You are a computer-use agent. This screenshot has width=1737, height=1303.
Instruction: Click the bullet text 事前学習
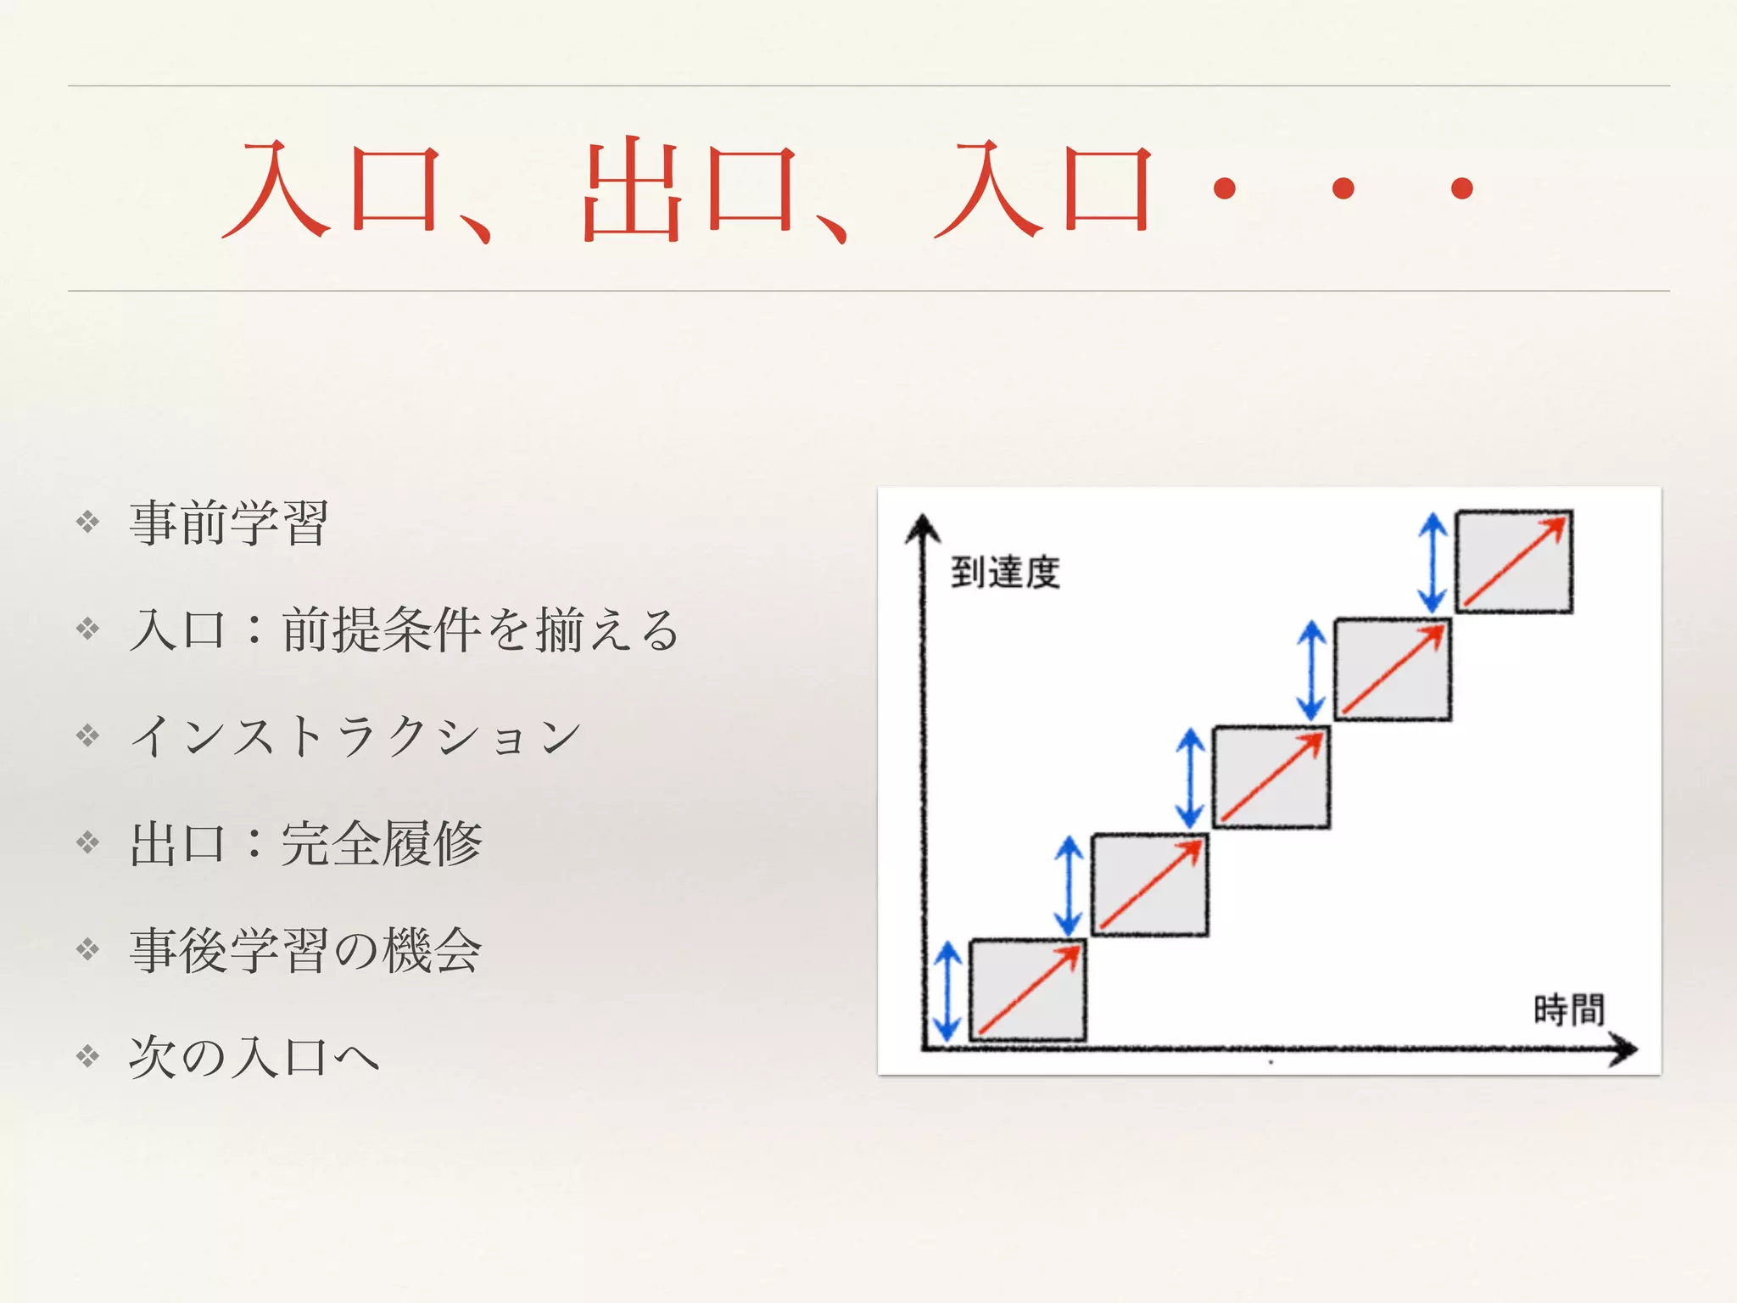pyautogui.click(x=228, y=523)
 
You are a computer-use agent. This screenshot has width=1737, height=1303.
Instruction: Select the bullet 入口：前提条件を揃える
pyautogui.click(x=404, y=629)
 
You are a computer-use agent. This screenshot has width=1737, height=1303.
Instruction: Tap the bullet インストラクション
pyautogui.click(x=355, y=736)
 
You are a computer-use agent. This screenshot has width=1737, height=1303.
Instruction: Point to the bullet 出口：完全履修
pyautogui.click(x=305, y=843)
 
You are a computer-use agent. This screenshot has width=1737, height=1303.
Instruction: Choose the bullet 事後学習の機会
pyautogui.click(x=305, y=950)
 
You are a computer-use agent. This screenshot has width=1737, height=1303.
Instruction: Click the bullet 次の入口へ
pyautogui.click(x=254, y=1057)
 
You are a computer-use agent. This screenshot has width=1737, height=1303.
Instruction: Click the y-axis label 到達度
pyautogui.click(x=1005, y=573)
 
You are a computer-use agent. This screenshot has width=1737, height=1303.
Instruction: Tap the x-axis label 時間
pyautogui.click(x=1569, y=1009)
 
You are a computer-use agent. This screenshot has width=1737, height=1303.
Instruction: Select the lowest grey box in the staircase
pyautogui.click(x=1027, y=990)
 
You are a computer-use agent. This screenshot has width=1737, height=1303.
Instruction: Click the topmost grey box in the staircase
pyautogui.click(x=1514, y=562)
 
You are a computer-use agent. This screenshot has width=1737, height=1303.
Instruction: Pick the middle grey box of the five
pyautogui.click(x=1271, y=776)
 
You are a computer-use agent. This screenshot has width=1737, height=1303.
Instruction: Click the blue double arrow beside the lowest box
pyautogui.click(x=947, y=991)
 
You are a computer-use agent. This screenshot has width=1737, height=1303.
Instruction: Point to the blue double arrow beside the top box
pyautogui.click(x=1433, y=562)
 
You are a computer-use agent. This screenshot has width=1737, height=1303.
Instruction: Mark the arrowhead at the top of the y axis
pyautogui.click(x=923, y=528)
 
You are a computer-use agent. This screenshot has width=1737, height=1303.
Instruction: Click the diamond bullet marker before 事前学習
pyautogui.click(x=88, y=522)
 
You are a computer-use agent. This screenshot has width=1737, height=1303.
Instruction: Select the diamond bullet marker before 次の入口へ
pyautogui.click(x=88, y=1056)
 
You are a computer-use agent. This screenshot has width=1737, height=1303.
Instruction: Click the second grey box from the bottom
pyautogui.click(x=1149, y=884)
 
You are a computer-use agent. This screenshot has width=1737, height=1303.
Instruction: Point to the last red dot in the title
pyautogui.click(x=1461, y=188)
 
